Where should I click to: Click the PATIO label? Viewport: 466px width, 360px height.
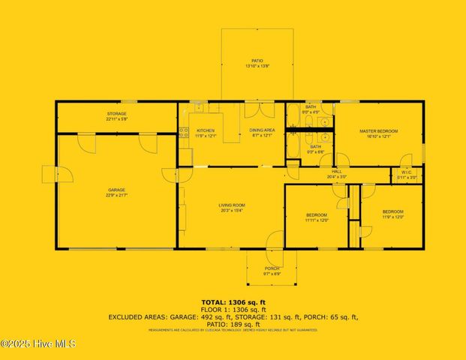point(257,61)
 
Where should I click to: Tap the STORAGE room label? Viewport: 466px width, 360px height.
point(116,113)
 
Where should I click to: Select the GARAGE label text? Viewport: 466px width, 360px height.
point(116,190)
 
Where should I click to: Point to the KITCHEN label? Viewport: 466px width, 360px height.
point(206,130)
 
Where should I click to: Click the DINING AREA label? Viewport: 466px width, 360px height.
point(262,130)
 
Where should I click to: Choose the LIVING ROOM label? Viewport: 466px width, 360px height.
point(233,205)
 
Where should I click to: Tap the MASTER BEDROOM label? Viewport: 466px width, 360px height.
point(382,131)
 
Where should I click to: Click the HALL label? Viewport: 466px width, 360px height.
point(337,172)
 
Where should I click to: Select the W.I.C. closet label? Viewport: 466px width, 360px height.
point(407,172)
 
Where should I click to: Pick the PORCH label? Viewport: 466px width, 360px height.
point(272,268)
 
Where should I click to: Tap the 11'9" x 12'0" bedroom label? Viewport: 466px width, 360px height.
point(393,211)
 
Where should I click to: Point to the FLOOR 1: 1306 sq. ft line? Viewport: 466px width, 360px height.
point(233,308)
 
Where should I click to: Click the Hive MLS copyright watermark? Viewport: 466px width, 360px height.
point(38,344)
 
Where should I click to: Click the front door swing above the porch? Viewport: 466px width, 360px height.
point(275,239)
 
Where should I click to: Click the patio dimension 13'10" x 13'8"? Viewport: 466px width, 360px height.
point(257,66)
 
